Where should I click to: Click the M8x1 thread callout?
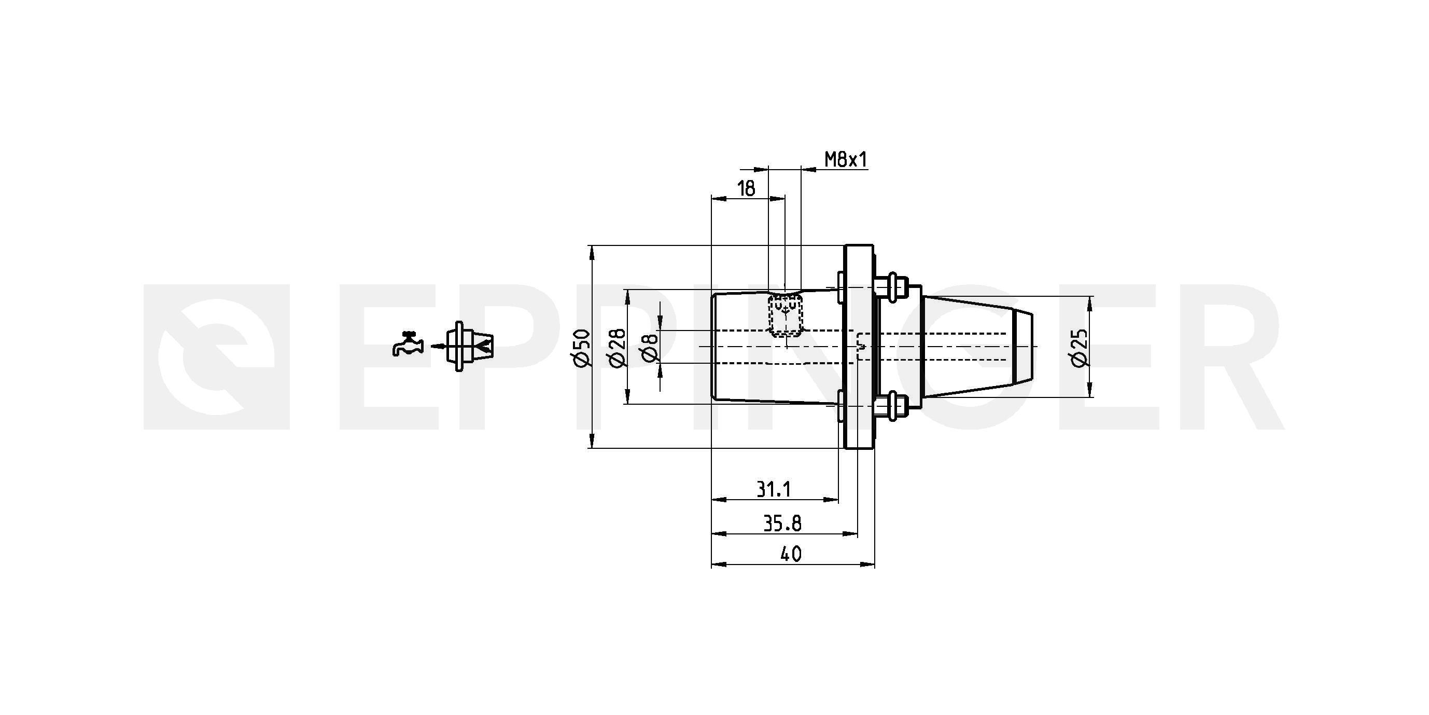[x=845, y=160]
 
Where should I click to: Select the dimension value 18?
[x=747, y=189]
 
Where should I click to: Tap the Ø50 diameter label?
[x=582, y=348]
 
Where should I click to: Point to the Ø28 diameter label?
[x=618, y=348]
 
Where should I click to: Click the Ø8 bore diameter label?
[x=650, y=348]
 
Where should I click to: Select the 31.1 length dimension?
[x=774, y=490]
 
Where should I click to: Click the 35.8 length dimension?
[x=782, y=524]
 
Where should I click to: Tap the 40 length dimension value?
[x=791, y=554]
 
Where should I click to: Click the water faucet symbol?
[x=408, y=343]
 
